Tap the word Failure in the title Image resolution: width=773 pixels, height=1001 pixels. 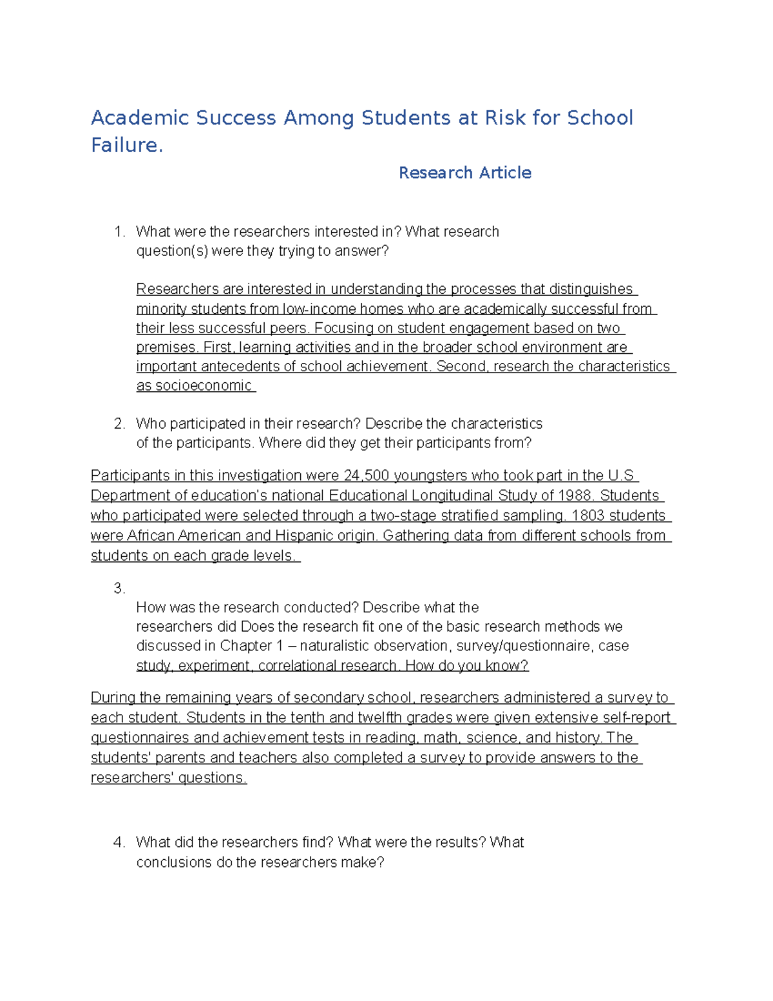(x=124, y=145)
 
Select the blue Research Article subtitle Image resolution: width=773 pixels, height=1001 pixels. (x=464, y=173)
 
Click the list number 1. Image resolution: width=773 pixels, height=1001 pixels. (x=119, y=232)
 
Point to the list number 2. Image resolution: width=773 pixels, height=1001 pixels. (x=119, y=424)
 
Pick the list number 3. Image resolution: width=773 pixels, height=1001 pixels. (x=119, y=588)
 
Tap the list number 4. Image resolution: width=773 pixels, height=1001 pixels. (x=119, y=842)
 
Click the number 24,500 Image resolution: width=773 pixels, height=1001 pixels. (x=366, y=476)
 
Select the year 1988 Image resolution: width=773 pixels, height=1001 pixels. (x=576, y=496)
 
